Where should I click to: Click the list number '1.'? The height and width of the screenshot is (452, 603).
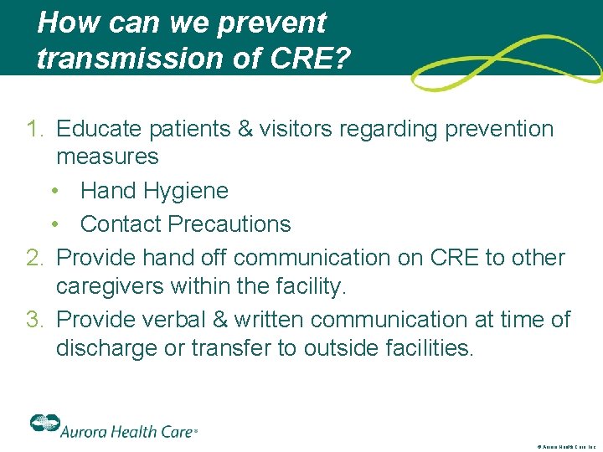(x=35, y=130)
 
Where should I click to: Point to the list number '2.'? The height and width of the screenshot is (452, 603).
(x=35, y=258)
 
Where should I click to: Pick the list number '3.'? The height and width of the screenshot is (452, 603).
(x=35, y=320)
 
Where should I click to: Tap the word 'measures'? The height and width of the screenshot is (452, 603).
(x=107, y=157)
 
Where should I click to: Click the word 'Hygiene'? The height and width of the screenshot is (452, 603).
(x=189, y=191)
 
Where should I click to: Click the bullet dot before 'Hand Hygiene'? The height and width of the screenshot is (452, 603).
(x=54, y=192)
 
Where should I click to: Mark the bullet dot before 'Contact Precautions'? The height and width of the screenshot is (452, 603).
(x=54, y=225)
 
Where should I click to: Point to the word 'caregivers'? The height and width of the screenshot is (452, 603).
(x=113, y=287)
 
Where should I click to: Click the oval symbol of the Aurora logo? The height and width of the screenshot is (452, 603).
(x=43, y=424)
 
